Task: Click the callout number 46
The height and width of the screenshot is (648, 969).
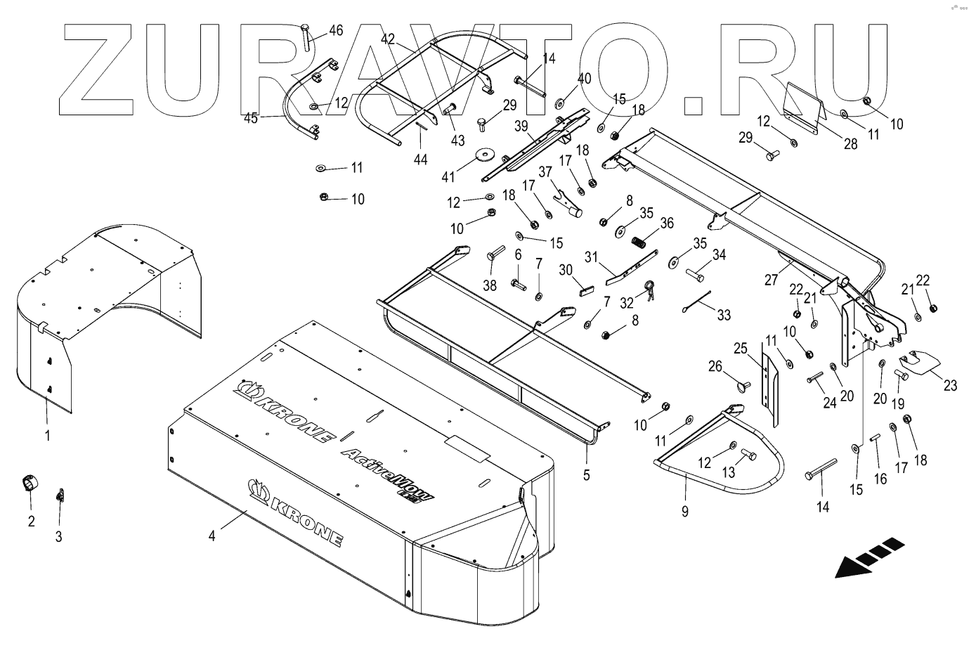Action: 336,30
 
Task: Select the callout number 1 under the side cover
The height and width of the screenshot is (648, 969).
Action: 47,436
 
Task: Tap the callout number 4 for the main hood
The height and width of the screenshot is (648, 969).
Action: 212,536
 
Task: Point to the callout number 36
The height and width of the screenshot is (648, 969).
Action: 666,223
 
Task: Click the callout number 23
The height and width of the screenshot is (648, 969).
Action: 950,385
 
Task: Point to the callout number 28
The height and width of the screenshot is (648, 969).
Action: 850,145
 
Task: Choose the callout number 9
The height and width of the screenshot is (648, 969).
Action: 685,512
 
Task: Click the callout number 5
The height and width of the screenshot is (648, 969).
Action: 586,474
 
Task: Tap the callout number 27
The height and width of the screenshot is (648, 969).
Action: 771,280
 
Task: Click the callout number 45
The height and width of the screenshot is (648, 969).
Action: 251,118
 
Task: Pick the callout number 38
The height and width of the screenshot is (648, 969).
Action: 490,286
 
